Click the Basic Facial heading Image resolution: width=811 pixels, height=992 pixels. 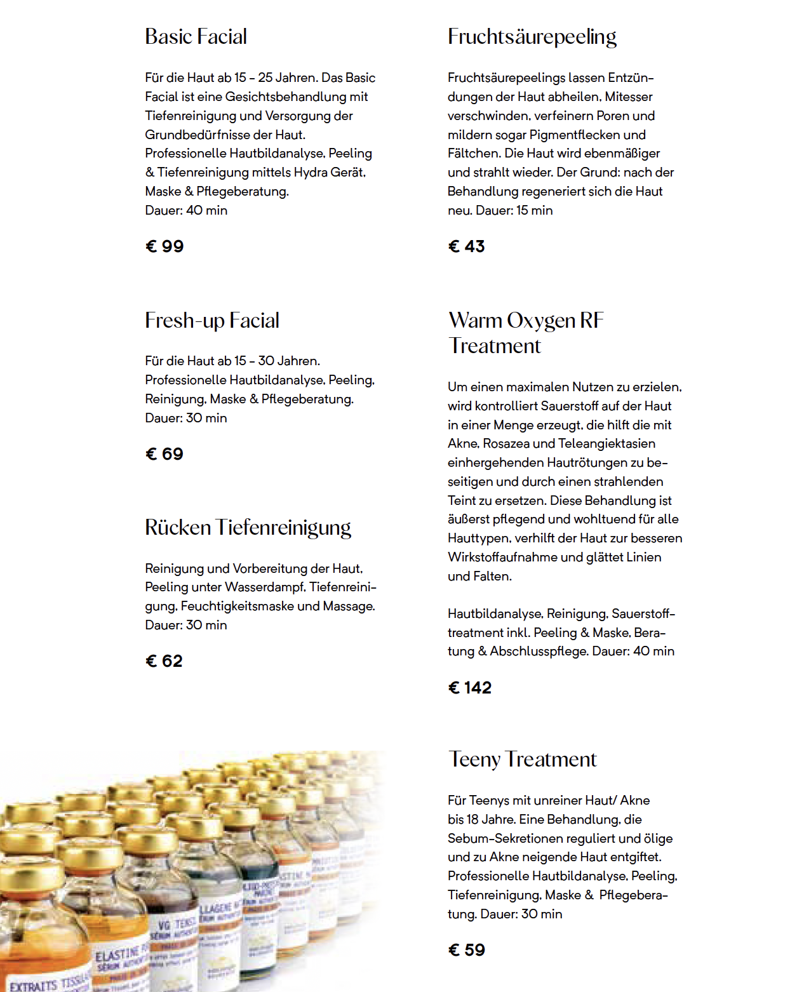[x=196, y=37]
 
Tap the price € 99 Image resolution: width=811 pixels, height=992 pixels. [x=164, y=246]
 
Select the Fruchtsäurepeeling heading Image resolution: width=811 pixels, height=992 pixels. [x=532, y=37]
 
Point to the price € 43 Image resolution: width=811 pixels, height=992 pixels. [x=466, y=246]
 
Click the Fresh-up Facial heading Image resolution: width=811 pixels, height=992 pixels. [x=211, y=321]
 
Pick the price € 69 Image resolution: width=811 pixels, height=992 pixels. [x=164, y=454]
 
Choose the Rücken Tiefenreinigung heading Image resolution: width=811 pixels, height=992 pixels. [x=248, y=528]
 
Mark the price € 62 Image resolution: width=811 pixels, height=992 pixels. [x=164, y=661]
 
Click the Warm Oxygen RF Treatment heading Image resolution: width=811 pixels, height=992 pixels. [x=526, y=333]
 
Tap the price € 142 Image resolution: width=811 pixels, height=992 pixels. [x=470, y=688]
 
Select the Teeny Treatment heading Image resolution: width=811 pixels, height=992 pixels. [x=522, y=760]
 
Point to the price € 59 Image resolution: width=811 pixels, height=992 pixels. [x=467, y=950]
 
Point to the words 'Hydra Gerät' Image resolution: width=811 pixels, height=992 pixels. [x=329, y=173]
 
